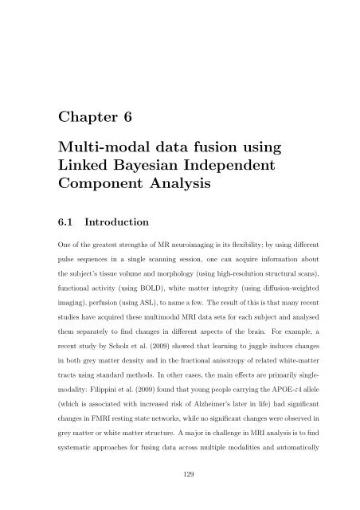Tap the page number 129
click(x=180, y=476)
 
